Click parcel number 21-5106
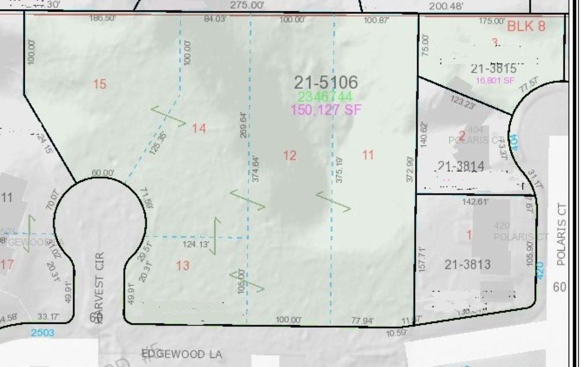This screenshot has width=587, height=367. click(326, 83)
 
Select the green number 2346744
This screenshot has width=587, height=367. click(325, 97)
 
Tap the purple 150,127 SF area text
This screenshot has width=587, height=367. click(326, 110)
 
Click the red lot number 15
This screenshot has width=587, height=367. click(100, 84)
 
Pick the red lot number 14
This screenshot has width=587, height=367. click(199, 128)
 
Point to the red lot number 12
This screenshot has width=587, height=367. click(289, 156)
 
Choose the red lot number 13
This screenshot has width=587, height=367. click(183, 265)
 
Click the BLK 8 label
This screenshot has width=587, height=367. click(526, 26)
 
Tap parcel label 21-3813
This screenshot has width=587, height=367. click(467, 264)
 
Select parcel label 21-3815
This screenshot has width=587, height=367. click(493, 69)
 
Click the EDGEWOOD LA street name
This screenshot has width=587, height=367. click(182, 354)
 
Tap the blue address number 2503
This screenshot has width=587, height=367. click(42, 333)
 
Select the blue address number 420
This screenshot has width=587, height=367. click(539, 267)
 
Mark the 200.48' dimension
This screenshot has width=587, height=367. click(446, 6)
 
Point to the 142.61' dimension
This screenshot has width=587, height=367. click(476, 202)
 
